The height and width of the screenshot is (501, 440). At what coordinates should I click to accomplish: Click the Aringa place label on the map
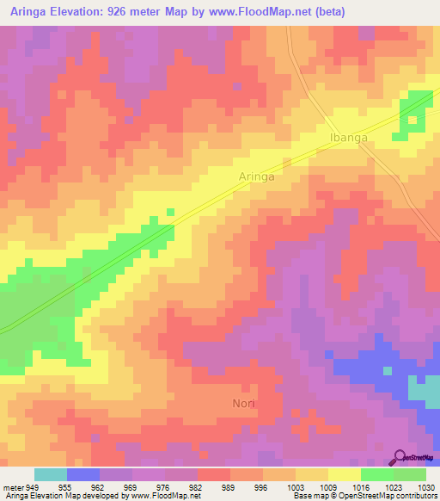(256, 176)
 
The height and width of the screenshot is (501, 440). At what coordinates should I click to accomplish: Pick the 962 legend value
(99, 486)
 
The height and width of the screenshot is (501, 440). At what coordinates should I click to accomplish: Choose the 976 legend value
(164, 486)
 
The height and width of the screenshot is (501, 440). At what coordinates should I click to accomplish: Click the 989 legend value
(229, 486)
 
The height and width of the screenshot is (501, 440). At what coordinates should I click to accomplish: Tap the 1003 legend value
(295, 486)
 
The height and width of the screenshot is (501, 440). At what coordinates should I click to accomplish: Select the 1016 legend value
(360, 486)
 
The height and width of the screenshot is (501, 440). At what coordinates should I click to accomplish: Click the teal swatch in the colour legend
(51, 474)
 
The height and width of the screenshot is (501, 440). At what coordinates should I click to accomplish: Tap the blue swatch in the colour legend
(83, 474)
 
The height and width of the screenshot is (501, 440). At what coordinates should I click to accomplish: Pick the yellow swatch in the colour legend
(344, 474)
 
